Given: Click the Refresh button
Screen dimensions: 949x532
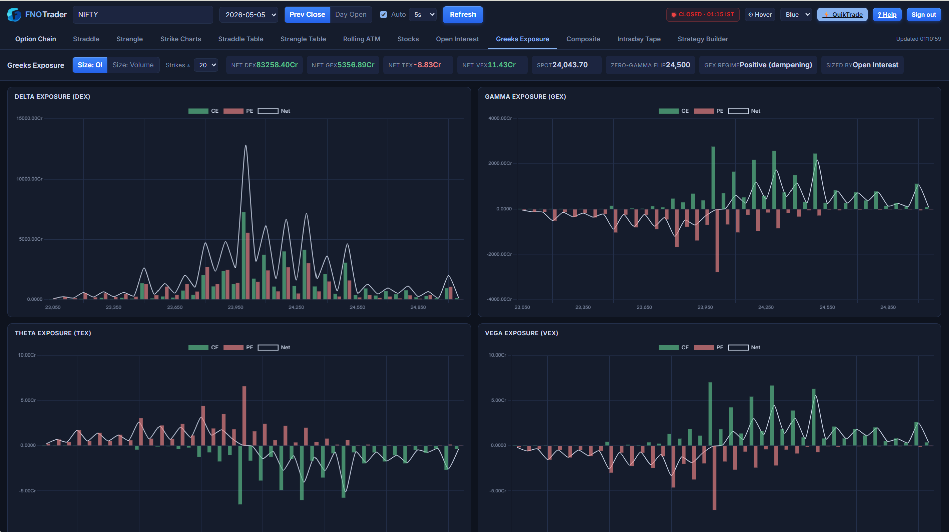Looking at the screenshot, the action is [x=462, y=15].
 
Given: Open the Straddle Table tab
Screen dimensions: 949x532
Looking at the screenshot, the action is [x=241, y=39].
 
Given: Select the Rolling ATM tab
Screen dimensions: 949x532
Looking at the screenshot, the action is [x=362, y=39].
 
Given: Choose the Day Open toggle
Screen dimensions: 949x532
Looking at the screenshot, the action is [x=351, y=15].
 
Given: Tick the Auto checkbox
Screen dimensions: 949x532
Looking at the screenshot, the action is [x=384, y=15].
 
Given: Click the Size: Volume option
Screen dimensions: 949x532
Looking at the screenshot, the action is [x=133, y=65].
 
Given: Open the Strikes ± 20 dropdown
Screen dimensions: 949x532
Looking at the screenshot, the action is [x=206, y=65].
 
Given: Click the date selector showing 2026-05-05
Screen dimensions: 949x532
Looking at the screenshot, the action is [x=249, y=15].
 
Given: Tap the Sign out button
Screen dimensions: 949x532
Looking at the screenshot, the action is [x=924, y=15].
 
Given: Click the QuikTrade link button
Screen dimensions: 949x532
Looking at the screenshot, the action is [x=843, y=15].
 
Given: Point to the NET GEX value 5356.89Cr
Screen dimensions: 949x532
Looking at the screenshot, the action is [x=356, y=65].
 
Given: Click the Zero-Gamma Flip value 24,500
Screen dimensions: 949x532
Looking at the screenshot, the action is [x=678, y=65].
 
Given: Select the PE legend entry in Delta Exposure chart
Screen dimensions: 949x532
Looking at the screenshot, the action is [x=238, y=111].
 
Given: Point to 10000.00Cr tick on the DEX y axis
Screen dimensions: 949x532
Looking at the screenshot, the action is [x=29, y=179].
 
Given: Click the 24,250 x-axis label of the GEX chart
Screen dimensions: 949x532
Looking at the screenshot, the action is [x=766, y=307].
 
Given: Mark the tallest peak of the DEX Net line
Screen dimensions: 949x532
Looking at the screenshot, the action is [x=246, y=146].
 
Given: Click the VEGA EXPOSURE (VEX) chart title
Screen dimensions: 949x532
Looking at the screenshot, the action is [x=521, y=333].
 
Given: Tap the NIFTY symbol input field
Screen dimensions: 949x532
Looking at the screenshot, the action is [x=143, y=15].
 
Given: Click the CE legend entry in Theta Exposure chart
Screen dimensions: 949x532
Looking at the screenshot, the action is [x=203, y=347].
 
